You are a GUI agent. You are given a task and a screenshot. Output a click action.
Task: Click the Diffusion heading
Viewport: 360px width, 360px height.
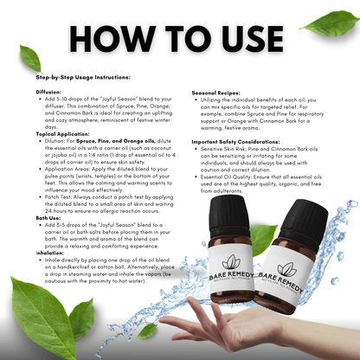tap(50, 90)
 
